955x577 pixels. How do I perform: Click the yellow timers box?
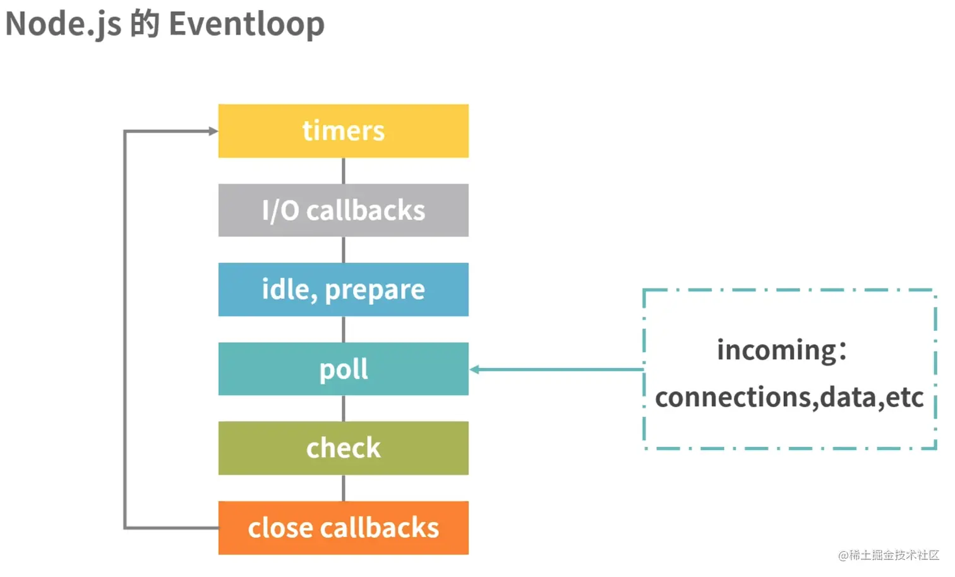(x=343, y=131)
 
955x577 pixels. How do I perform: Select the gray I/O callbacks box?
(x=343, y=210)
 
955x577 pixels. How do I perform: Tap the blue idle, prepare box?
(x=343, y=289)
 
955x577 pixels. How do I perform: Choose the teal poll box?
(x=343, y=369)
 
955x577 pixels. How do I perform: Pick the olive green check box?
(x=343, y=448)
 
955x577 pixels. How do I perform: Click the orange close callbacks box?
(x=343, y=528)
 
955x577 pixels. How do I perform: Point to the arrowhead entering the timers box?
(x=213, y=131)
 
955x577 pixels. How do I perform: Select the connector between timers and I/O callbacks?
(x=343, y=170)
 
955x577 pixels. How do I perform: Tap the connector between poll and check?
(x=343, y=408)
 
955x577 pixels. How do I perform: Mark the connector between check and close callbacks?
(x=343, y=488)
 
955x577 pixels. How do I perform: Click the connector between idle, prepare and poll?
(x=343, y=329)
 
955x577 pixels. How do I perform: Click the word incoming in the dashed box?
(x=777, y=350)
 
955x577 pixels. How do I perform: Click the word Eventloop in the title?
(x=246, y=24)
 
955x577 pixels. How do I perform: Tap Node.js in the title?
(x=63, y=24)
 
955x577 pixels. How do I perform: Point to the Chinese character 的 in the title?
(x=145, y=24)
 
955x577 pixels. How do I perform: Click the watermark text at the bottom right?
(x=889, y=555)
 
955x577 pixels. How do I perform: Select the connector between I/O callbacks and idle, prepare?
(x=343, y=249)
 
